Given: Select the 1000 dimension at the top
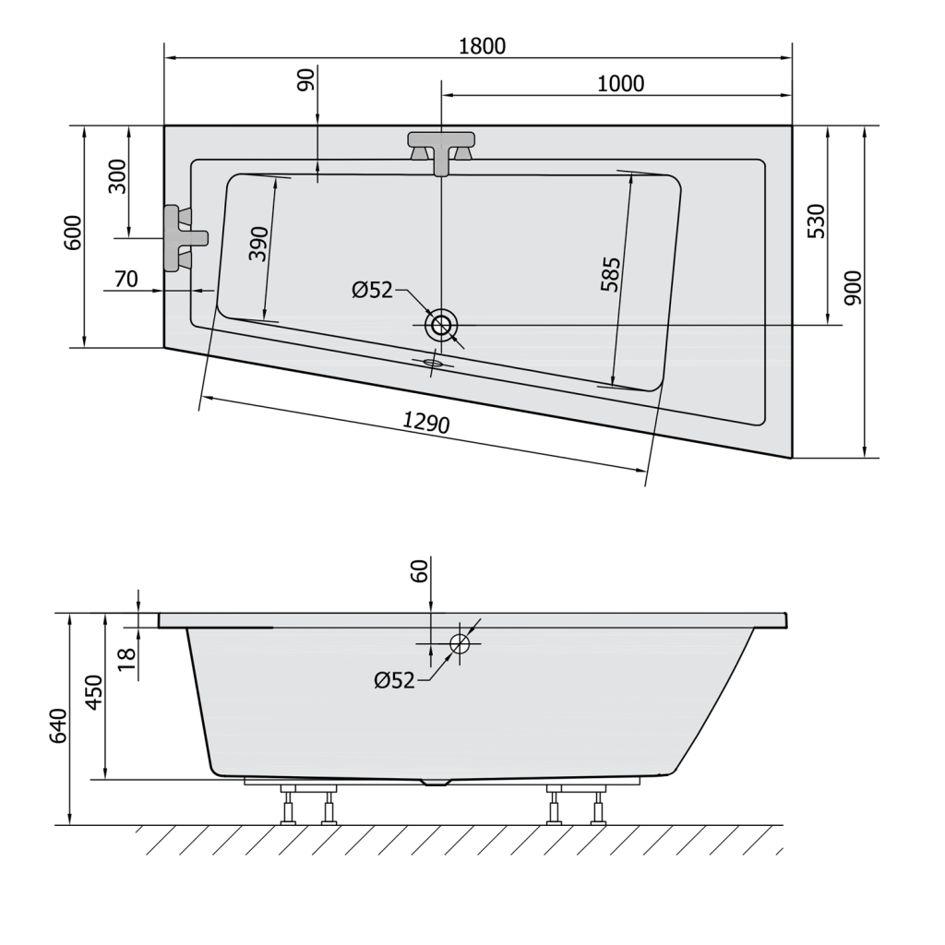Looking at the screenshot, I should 620,83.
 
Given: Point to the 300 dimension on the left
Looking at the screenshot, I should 117,175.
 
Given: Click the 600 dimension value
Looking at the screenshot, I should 74,232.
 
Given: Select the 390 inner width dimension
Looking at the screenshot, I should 259,244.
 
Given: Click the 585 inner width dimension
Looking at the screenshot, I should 610,274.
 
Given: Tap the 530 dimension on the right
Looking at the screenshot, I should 817,221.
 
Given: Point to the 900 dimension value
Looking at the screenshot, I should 853,289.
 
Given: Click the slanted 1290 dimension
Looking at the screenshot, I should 425,424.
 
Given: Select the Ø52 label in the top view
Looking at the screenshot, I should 372,291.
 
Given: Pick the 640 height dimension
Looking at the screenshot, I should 58,725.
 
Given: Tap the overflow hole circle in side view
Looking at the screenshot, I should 460,642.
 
